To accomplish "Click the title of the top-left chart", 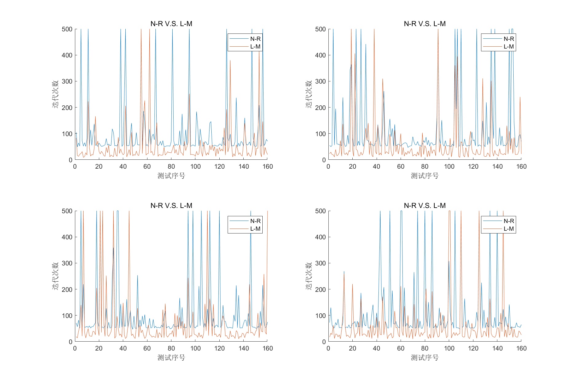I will pyautogui.click(x=171, y=24).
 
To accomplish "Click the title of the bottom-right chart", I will pyautogui.click(x=425, y=206).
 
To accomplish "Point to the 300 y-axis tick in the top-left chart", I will pyautogui.click(x=67, y=81).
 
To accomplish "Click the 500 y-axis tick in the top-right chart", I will pyautogui.click(x=320, y=29).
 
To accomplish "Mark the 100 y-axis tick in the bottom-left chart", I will pyautogui.click(x=67, y=315).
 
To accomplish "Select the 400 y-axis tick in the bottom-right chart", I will pyautogui.click(x=320, y=237).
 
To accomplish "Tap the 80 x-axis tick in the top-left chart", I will pyautogui.click(x=171, y=167).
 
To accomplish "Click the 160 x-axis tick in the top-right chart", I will pyautogui.click(x=521, y=167).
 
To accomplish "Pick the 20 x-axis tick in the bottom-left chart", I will pyautogui.click(x=99, y=348).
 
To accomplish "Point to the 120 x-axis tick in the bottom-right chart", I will pyautogui.click(x=473, y=348).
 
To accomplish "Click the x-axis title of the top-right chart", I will pyautogui.click(x=425, y=176).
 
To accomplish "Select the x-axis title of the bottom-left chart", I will pyautogui.click(x=171, y=358).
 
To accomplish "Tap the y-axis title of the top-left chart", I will pyautogui.click(x=56, y=94).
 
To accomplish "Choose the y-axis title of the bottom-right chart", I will pyautogui.click(x=309, y=276).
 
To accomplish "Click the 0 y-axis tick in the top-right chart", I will pyautogui.click(x=324, y=160).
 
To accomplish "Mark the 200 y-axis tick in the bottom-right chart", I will pyautogui.click(x=320, y=289).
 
